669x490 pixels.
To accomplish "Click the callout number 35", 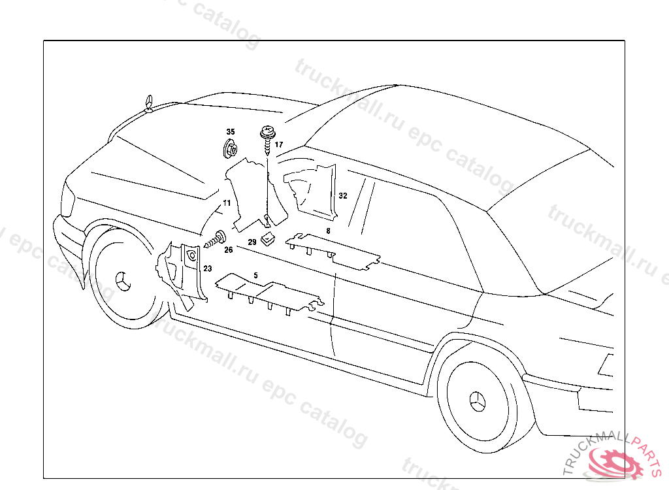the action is click(x=230, y=132).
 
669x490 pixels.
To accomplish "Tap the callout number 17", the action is click(x=279, y=144).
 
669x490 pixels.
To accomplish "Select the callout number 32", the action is click(x=343, y=195).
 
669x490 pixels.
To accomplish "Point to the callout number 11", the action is click(x=227, y=203).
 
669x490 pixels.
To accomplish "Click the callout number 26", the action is click(x=228, y=250).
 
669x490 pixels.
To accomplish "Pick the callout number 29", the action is click(x=252, y=242).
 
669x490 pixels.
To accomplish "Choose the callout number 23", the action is click(x=207, y=269).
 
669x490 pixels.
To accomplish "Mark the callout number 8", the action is click(x=328, y=231).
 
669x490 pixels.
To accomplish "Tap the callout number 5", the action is click(x=255, y=275).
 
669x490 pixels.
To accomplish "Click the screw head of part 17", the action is click(x=267, y=133).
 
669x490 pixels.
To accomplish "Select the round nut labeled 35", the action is click(x=230, y=149).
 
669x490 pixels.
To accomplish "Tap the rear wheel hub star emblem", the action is click(x=478, y=400).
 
